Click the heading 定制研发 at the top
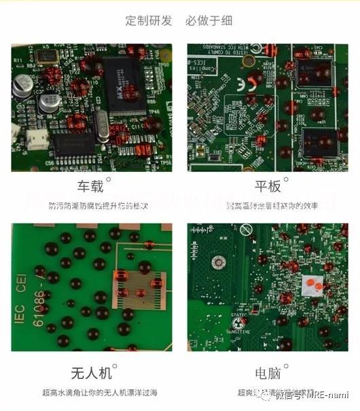coord(149,20)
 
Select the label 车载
coord(92,187)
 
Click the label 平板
coord(268,187)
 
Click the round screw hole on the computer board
coord(219,262)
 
